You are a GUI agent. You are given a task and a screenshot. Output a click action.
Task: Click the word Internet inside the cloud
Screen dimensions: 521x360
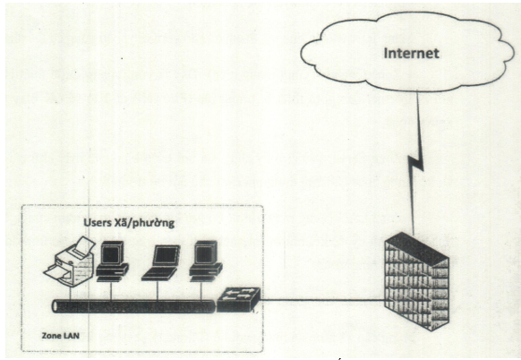(x=412, y=53)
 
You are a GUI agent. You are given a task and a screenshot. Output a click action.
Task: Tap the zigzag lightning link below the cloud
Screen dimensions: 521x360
(x=416, y=163)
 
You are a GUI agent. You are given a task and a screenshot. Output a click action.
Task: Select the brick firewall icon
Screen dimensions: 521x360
(x=416, y=281)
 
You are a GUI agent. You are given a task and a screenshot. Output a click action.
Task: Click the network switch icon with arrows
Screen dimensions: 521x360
(x=239, y=299)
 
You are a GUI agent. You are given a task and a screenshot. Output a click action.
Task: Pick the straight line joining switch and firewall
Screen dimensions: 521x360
(x=322, y=300)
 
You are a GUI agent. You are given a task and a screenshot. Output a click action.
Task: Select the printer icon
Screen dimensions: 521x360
(x=70, y=261)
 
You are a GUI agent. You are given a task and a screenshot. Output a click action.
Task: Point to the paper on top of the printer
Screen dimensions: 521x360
(x=82, y=246)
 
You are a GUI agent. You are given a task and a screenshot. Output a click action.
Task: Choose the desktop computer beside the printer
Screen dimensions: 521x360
(x=112, y=261)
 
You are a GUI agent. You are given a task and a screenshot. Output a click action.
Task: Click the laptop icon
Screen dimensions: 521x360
(x=161, y=263)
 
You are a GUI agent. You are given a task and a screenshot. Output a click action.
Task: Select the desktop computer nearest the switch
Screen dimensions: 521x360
(x=206, y=261)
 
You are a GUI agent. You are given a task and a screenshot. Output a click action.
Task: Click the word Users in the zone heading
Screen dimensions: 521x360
(x=98, y=222)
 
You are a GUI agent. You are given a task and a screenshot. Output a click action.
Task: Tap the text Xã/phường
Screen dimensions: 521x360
(x=144, y=223)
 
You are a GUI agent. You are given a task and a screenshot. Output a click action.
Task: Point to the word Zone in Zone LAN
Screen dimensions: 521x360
(x=50, y=336)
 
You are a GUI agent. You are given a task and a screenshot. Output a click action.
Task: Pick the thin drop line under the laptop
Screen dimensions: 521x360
(x=158, y=291)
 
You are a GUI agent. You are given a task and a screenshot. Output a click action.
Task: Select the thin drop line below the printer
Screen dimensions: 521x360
(x=71, y=293)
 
